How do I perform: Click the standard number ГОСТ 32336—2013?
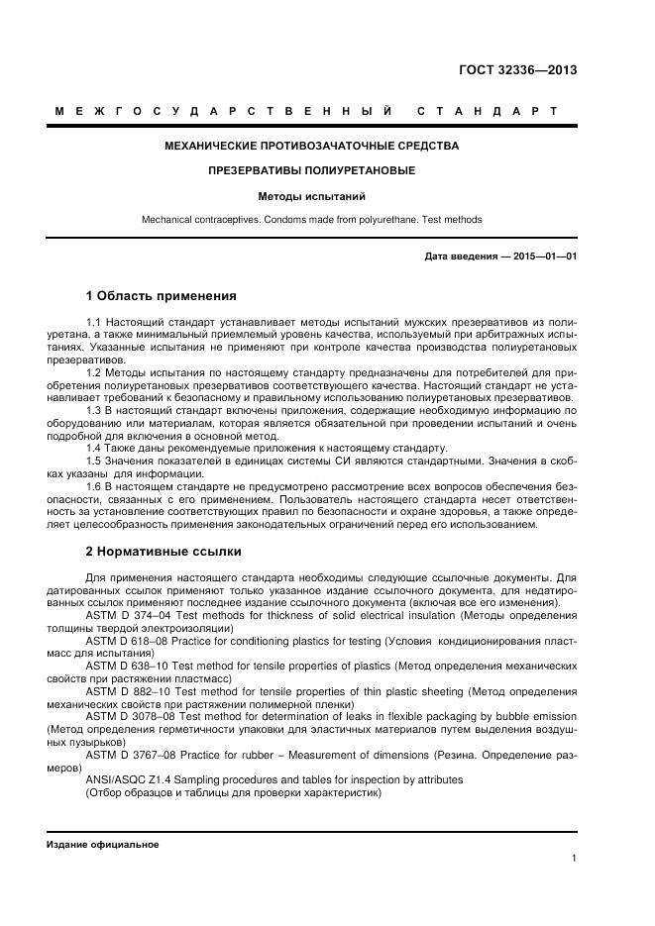[518, 70]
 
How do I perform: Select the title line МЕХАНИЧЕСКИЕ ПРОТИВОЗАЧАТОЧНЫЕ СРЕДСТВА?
[311, 146]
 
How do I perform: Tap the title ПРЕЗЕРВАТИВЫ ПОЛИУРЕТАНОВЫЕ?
[311, 171]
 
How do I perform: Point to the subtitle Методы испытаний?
[311, 196]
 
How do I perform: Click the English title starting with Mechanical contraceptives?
[311, 219]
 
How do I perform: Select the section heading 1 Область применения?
[162, 295]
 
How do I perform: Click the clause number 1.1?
[95, 324]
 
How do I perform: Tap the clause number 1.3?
[95, 409]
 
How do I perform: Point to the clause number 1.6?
[95, 487]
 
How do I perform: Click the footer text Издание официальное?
[102, 845]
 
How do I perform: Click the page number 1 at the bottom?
[574, 859]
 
